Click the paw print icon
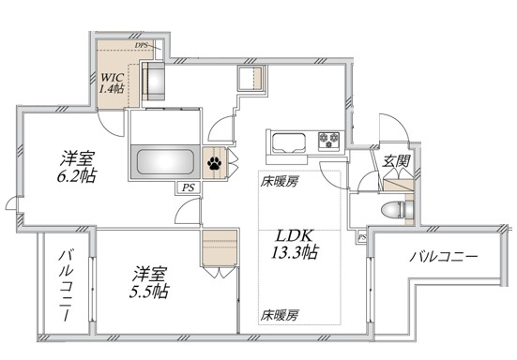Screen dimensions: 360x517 point(215,162)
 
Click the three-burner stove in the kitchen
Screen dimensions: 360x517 point(329,142)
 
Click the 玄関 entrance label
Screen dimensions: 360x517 point(394,161)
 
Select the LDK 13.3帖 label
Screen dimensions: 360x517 point(294,243)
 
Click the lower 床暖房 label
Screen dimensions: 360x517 point(279,315)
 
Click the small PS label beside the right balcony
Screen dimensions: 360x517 point(362,239)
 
